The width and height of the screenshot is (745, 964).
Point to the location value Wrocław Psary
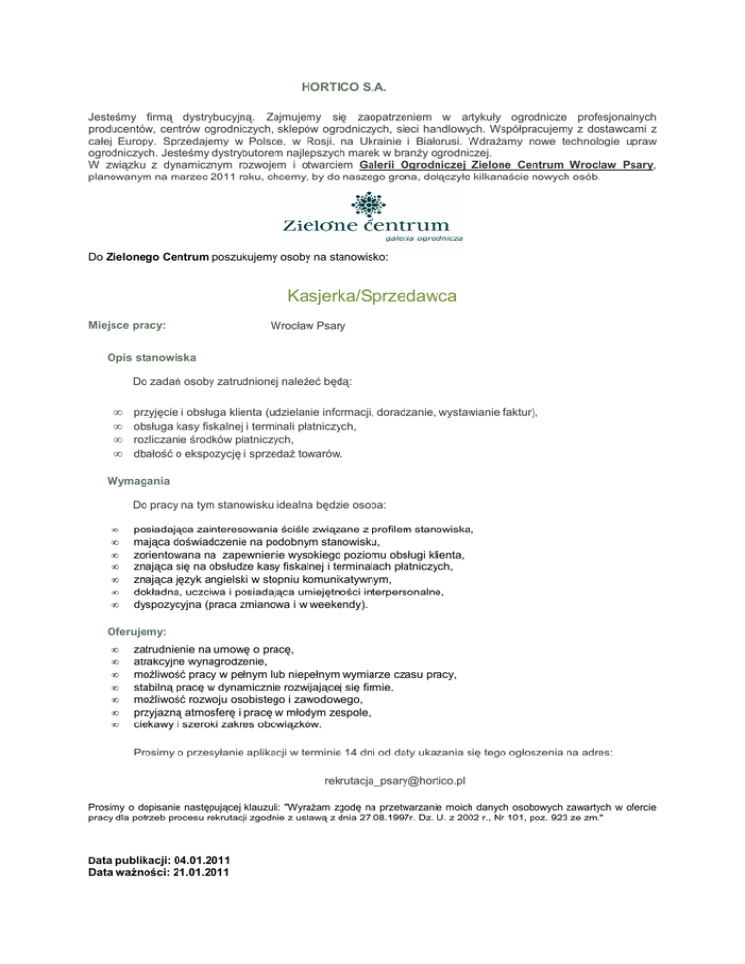point(308,325)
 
